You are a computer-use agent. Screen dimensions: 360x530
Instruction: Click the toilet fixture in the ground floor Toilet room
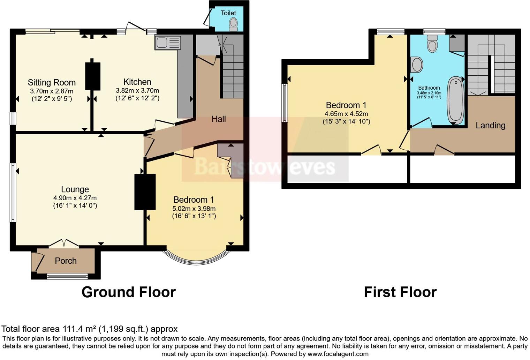click(233, 24)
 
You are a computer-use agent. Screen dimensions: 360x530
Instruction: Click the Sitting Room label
click(52, 83)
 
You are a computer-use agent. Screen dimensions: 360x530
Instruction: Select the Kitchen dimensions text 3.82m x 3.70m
click(137, 91)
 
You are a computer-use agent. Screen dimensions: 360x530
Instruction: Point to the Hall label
click(219, 119)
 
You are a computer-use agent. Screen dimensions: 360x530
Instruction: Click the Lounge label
click(75, 189)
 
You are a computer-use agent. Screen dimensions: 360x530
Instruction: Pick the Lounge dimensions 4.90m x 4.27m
click(75, 198)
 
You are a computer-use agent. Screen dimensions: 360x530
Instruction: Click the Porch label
click(66, 261)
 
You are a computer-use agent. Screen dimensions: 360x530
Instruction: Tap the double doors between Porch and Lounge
click(64, 243)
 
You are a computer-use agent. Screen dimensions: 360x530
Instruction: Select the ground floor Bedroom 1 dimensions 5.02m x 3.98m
click(194, 209)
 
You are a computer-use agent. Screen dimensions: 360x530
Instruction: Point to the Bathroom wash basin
click(417, 65)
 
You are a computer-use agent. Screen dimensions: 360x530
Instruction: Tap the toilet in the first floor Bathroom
click(432, 44)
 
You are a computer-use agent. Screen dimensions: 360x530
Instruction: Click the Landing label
click(490, 125)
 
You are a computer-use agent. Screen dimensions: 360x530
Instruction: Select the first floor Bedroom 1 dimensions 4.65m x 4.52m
click(346, 114)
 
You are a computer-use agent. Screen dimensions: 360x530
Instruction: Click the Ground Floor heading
click(129, 292)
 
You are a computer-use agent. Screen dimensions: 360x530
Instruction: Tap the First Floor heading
click(400, 292)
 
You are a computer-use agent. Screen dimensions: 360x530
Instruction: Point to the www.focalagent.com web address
click(337, 354)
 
